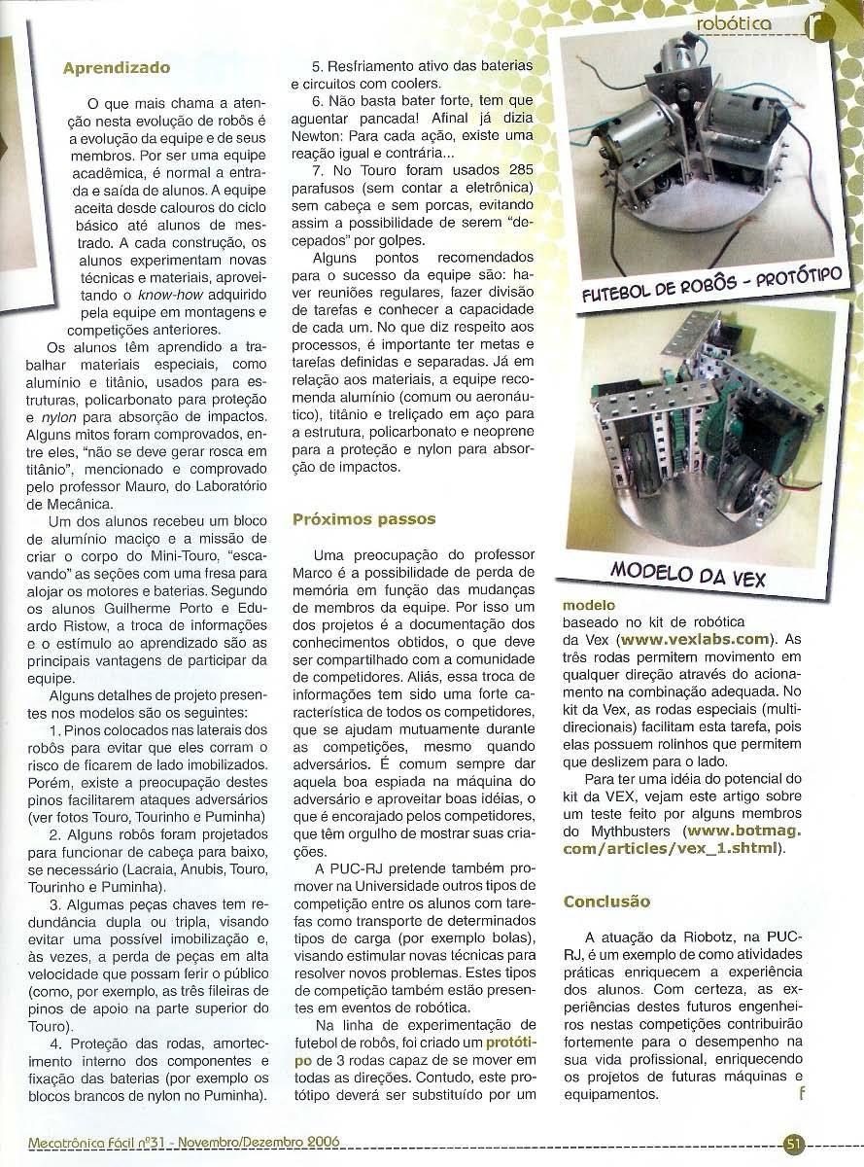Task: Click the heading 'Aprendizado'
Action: pyautogui.click(x=117, y=68)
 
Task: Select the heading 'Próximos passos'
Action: pyautogui.click(x=363, y=519)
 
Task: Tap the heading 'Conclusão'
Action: pyautogui.click(x=606, y=902)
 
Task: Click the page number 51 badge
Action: pyautogui.click(x=793, y=1144)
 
